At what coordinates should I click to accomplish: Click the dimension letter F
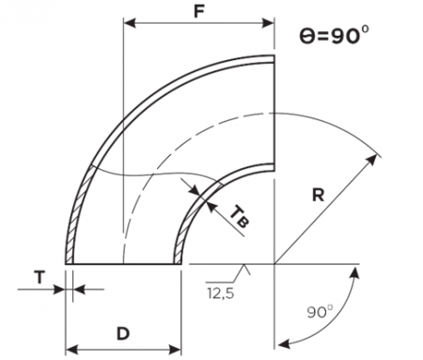pos(199,11)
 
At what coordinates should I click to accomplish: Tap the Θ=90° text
pos(334,36)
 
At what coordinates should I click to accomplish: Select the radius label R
pos(319,195)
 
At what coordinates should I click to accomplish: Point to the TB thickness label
pos(240,217)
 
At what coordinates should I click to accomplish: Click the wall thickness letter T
pos(39,277)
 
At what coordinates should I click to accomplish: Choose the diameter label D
pos(123,334)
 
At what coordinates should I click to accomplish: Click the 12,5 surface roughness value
pos(220,293)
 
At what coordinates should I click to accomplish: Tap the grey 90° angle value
pos(320,311)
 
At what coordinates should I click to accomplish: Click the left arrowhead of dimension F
pos(130,23)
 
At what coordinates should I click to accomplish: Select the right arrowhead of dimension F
pos(268,23)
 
